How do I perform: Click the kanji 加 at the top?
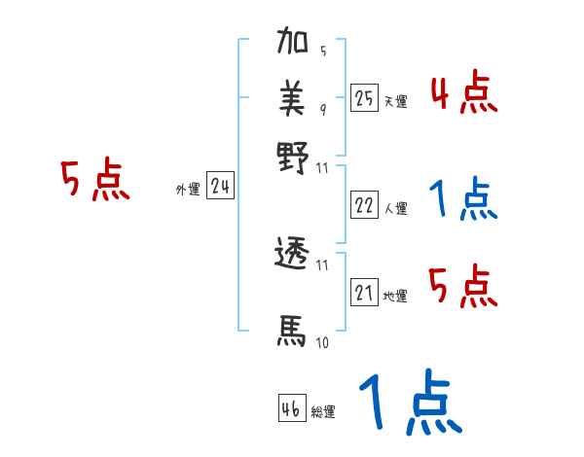(293, 44)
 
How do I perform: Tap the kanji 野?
(293, 157)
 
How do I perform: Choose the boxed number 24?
(220, 186)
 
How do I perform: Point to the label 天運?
(395, 101)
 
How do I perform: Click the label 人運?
(395, 208)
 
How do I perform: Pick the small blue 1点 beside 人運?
(463, 200)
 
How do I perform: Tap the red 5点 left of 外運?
(94, 181)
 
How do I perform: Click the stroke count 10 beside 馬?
(321, 343)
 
